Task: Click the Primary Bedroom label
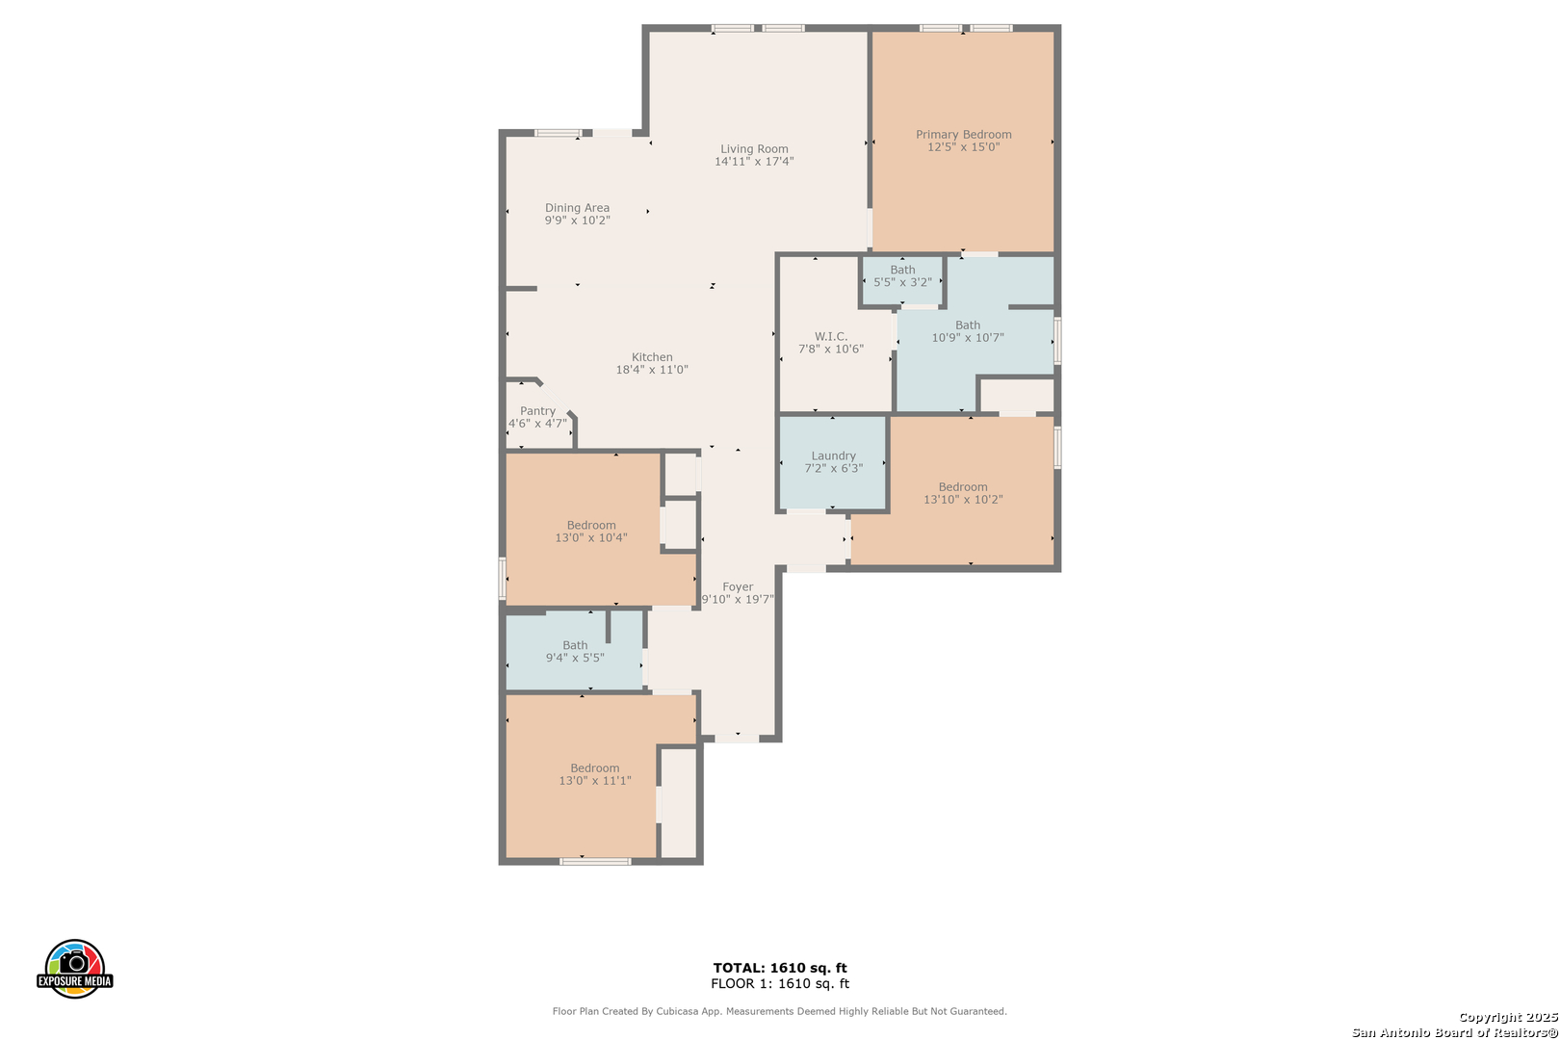pos(963,135)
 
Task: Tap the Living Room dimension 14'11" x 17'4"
pos(754,162)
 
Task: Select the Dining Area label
pos(578,208)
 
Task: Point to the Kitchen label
pos(652,357)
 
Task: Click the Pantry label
pos(537,411)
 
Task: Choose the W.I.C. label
pos(831,336)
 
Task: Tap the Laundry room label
pos(834,455)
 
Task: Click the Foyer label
pos(738,586)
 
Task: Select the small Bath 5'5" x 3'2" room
pos(902,282)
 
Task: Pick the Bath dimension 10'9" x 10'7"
pos(968,338)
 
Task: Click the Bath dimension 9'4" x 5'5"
pos(575,658)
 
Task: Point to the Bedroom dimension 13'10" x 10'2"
pos(963,500)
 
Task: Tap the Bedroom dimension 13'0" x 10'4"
pos(591,537)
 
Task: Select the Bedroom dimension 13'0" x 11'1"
pos(595,781)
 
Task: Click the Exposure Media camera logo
pos(74,968)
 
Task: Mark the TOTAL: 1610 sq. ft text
pos(780,968)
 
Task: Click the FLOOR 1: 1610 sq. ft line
pos(780,983)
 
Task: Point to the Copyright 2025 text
pos(1508,1017)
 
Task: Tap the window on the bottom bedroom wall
pos(595,862)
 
